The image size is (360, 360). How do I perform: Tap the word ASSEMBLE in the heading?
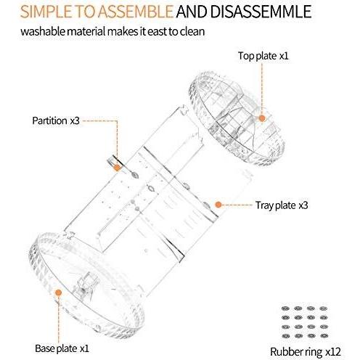click(x=136, y=12)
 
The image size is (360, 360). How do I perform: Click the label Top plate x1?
click(x=265, y=55)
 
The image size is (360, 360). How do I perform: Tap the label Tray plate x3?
click(x=282, y=205)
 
